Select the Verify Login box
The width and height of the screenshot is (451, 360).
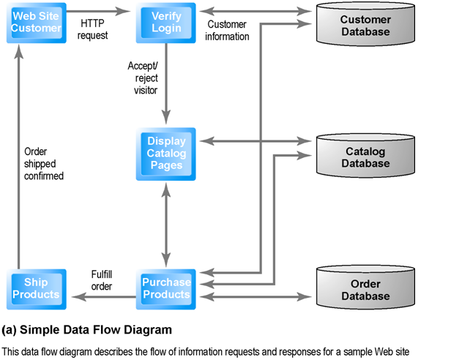[x=166, y=21]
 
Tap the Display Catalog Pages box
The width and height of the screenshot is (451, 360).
[x=167, y=154]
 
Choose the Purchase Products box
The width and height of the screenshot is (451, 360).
[x=166, y=288]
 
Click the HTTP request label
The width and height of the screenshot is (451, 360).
[x=93, y=29]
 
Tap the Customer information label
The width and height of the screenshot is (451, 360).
[x=227, y=30]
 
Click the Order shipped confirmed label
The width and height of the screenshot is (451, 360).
[x=43, y=164]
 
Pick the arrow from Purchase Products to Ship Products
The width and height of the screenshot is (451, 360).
[x=102, y=295]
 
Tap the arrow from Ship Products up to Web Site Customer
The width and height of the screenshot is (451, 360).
[x=20, y=154]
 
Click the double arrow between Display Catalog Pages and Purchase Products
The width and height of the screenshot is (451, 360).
[x=167, y=224]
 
